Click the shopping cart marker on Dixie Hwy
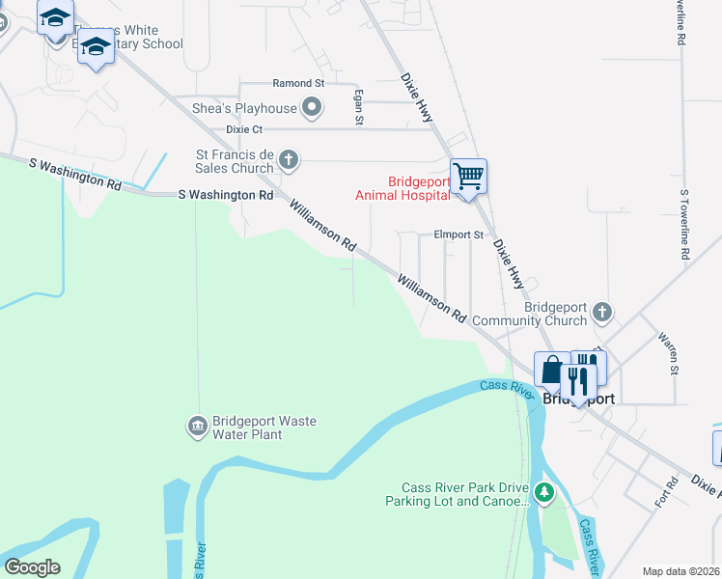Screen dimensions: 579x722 click(468, 178)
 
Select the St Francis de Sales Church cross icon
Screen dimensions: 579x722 click(288, 160)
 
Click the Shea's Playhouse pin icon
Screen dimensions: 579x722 click(312, 108)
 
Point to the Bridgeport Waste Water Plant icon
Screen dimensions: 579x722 click(197, 426)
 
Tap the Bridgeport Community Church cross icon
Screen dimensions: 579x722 click(602, 313)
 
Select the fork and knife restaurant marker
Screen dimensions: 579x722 click(578, 377)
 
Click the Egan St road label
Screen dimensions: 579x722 click(359, 107)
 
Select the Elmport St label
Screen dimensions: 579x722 click(458, 234)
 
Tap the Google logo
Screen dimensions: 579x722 click(31, 567)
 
